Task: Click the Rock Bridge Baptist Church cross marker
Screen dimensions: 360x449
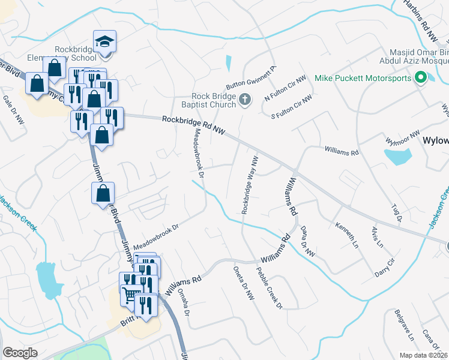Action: pyautogui.click(x=244, y=100)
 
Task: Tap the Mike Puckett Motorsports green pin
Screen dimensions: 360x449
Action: pyautogui.click(x=421, y=77)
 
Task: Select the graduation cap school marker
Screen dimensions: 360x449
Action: pyautogui.click(x=105, y=42)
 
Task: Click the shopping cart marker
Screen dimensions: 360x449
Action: pyautogui.click(x=130, y=293)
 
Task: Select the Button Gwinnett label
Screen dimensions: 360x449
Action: pyautogui.click(x=250, y=78)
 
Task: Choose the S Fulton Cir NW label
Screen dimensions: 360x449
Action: pyautogui.click(x=292, y=106)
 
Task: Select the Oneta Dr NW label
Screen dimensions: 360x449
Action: pyautogui.click(x=244, y=284)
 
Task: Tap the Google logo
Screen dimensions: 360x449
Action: pyautogui.click(x=20, y=352)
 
